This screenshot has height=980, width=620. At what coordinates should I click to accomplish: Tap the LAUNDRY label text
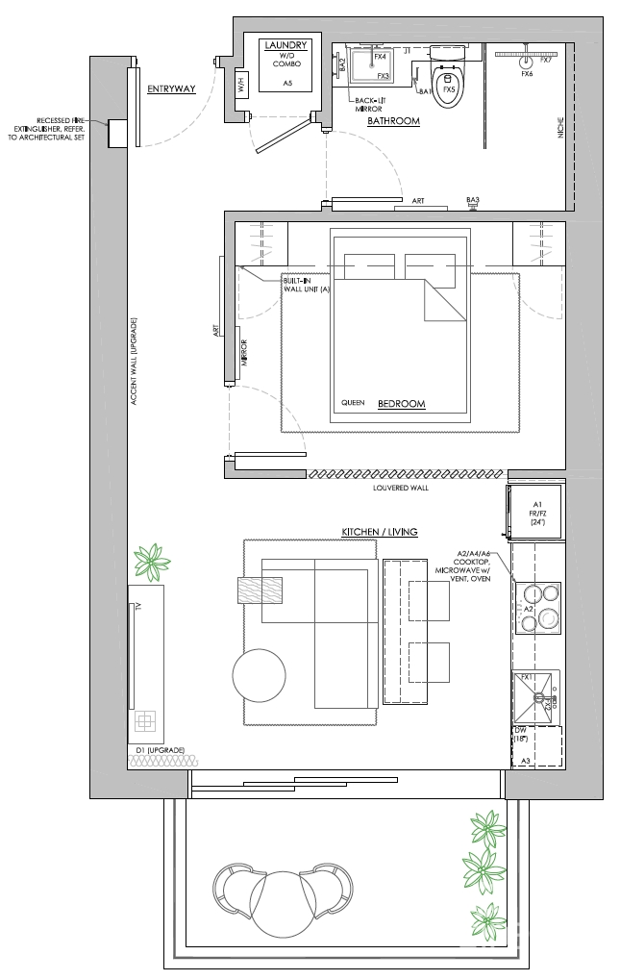point(287,44)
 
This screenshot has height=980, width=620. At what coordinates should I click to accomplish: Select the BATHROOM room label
point(394,121)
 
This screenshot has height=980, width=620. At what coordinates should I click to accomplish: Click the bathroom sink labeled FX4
point(366,64)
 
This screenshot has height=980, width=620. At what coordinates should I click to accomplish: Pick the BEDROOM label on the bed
point(401,404)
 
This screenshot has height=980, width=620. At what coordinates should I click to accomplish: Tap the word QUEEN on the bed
point(353,404)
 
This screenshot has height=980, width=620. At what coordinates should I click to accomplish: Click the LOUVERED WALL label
point(399,488)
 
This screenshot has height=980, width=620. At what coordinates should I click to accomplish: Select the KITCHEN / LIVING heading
point(380,532)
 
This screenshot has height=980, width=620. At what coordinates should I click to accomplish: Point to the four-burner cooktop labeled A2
point(538,608)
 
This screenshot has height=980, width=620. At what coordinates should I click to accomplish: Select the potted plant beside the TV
point(151,563)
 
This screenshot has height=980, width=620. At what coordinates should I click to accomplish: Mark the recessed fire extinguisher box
point(119,134)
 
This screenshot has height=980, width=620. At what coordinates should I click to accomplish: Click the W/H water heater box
point(240,85)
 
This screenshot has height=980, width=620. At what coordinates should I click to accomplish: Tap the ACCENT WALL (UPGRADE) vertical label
point(136,361)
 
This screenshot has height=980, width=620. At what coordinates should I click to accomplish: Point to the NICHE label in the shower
point(561,131)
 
